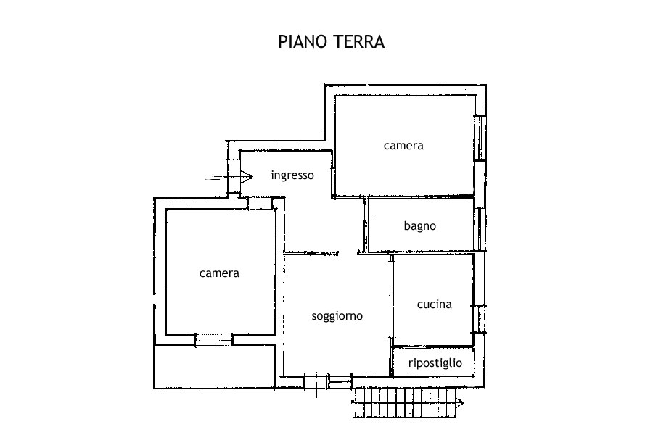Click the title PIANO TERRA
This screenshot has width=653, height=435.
pos(332,41)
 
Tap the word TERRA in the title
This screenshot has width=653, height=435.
pos(356,41)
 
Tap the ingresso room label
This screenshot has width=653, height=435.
pos(292,175)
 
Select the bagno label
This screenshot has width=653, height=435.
pos(420,225)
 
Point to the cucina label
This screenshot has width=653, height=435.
pos(434,304)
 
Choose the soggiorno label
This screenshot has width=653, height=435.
pos(337,315)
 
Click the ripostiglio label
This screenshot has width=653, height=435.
pos(435,362)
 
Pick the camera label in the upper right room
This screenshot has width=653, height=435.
pos(403,145)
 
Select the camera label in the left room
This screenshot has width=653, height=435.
pos(219,273)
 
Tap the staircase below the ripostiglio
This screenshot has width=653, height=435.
pos(406,402)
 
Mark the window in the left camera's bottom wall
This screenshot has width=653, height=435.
pos(214,339)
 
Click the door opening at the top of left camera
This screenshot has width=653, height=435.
pos(259,204)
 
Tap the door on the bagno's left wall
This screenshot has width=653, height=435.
pos(364,233)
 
